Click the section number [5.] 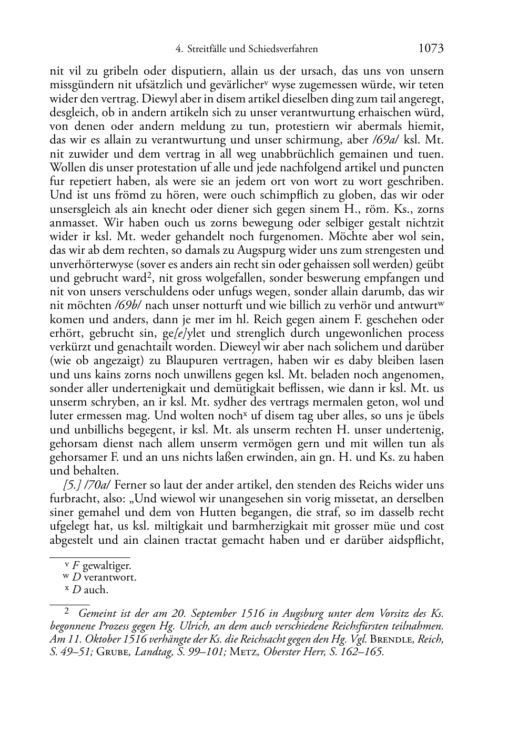[72, 485]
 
